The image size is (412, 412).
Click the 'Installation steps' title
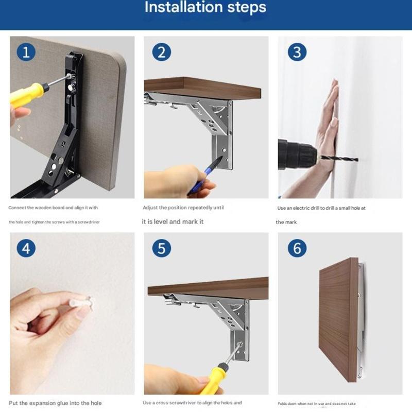205,8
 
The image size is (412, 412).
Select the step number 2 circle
161,52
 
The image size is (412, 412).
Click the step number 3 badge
297,52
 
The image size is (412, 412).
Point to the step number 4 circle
26,248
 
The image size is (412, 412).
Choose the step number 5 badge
161,248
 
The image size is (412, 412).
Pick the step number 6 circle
297,248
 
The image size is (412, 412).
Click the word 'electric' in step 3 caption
302,208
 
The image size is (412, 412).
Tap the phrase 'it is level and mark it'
173,221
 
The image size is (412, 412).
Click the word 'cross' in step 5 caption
164,403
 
